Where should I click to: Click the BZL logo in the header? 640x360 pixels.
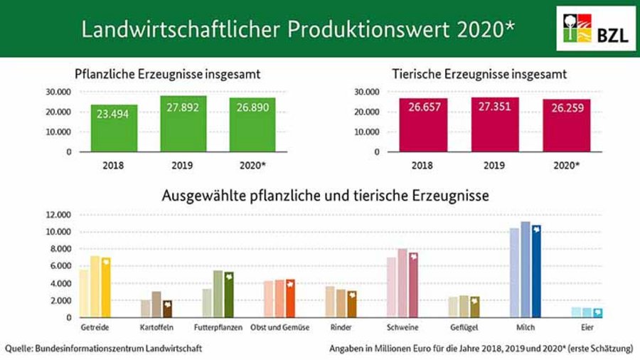pyautogui.click(x=597, y=28)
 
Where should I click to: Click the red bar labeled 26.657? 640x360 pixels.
pyautogui.click(x=424, y=125)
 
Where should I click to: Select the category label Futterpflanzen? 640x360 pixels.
pyautogui.click(x=218, y=327)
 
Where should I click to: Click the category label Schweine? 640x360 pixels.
pyautogui.click(x=402, y=327)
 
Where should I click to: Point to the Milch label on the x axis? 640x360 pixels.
pyautogui.click(x=526, y=327)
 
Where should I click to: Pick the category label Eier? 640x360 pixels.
pyautogui.click(x=587, y=327)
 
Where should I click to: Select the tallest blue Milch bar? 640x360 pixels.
pyautogui.click(x=526, y=270)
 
